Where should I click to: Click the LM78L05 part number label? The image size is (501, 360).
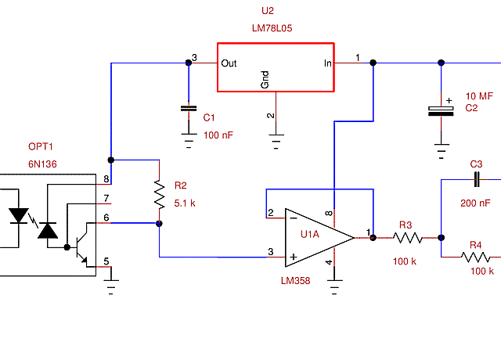click(272, 27)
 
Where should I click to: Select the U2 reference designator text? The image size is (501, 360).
click(268, 11)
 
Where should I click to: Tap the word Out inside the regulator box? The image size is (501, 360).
click(229, 63)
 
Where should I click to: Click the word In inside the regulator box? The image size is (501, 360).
click(329, 63)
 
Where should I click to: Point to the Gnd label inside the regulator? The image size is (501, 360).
click(265, 79)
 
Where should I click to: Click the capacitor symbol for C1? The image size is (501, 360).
click(188, 108)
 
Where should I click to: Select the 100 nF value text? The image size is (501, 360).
click(218, 135)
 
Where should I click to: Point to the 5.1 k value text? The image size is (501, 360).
click(186, 203)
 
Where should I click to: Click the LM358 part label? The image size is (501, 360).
click(296, 279)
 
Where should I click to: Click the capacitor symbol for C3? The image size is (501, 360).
click(476, 180)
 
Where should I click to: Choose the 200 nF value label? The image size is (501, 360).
click(475, 203)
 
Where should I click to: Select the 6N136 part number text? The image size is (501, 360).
click(42, 164)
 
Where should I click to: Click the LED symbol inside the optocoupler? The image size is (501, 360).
click(19, 215)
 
